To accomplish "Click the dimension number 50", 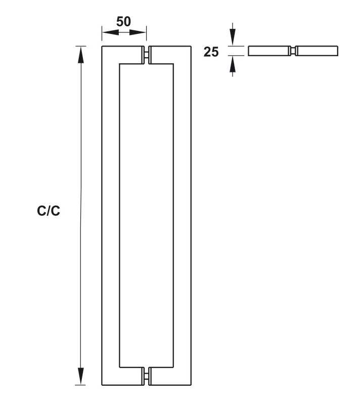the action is click(124, 22).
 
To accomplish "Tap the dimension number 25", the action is click(211, 51).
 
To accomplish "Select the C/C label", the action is click(49, 211).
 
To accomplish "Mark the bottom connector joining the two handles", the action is click(147, 376).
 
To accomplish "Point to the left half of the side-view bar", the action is click(269, 51).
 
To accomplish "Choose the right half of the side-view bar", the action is click(317, 51).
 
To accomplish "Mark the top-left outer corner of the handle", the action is click(102, 47).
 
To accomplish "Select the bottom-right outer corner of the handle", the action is click(191, 385).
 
